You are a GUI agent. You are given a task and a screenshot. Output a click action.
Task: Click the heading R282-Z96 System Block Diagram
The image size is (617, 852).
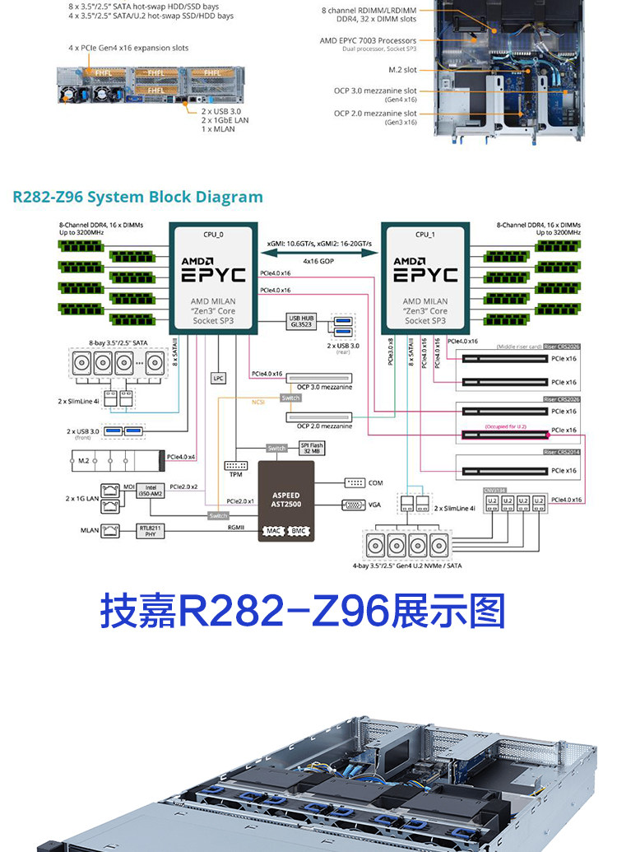pyautogui.click(x=138, y=198)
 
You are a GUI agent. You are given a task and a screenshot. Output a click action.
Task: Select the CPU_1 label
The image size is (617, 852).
pyautogui.click(x=424, y=235)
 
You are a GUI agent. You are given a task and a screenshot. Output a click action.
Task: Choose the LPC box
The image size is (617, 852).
pyautogui.click(x=218, y=378)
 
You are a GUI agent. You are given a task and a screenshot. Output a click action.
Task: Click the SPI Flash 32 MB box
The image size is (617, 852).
pyautogui.click(x=310, y=449)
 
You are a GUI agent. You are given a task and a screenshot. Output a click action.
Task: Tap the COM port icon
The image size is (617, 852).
pyautogui.click(x=355, y=482)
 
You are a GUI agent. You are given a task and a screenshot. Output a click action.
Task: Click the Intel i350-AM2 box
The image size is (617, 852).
pyautogui.click(x=151, y=491)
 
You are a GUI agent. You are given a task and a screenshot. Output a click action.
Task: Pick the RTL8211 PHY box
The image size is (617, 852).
pyautogui.click(x=150, y=531)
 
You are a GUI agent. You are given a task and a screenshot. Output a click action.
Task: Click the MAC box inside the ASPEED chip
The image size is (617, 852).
pyautogui.click(x=273, y=531)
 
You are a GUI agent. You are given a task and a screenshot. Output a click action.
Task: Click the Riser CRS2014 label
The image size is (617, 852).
pyautogui.click(x=561, y=452)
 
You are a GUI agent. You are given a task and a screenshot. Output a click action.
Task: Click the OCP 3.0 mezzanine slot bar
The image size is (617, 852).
pyautogui.click(x=318, y=379)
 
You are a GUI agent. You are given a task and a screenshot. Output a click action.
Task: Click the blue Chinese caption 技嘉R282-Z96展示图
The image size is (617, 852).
pyautogui.click(x=303, y=612)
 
